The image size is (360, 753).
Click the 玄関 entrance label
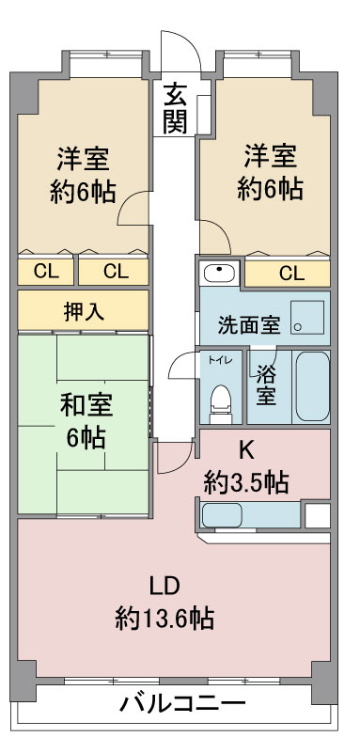[175, 108]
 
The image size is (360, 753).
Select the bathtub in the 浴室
[312, 386]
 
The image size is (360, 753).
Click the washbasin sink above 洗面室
[219, 274]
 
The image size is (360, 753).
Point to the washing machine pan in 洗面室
[307, 318]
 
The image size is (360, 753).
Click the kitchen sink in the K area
[222, 515]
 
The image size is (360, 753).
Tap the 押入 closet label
[84, 312]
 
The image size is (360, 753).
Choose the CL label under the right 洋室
[291, 274]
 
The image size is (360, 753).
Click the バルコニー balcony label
[182, 704]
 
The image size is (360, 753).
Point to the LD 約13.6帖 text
[164, 603]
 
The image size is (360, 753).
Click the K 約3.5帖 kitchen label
[245, 467]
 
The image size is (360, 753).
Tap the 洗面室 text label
[249, 325]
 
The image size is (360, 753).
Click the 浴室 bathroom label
[266, 384]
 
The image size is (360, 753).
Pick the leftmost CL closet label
[46, 272]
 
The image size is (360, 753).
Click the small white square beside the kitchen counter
[318, 516]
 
